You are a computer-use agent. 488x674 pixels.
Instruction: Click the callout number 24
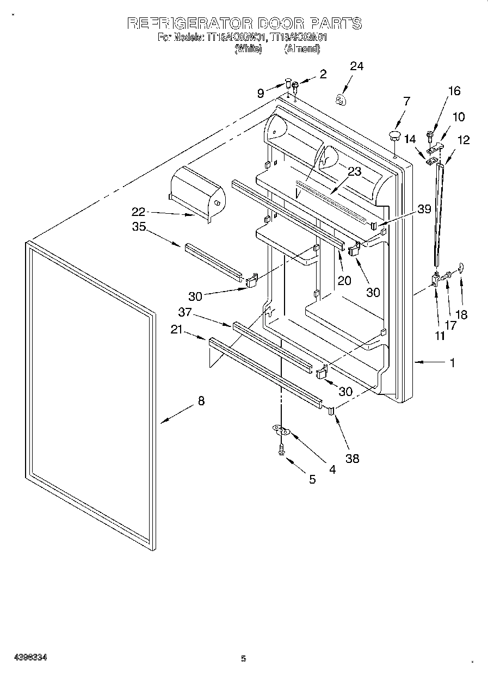coord(356,66)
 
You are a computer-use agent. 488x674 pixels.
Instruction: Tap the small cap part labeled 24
coord(341,100)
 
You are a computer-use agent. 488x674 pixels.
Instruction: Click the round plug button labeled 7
coord(395,134)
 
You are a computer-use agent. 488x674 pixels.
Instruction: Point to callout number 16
coord(454,91)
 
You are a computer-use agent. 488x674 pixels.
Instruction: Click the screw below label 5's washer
coord(281,448)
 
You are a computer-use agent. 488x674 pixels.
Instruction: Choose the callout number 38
coord(353,458)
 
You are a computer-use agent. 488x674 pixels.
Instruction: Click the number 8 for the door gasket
coord(201,401)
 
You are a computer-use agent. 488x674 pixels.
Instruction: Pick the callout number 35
coord(139,227)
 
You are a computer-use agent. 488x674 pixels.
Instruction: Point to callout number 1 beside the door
coord(452,362)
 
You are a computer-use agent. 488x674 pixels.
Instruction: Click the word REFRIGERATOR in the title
coord(189,23)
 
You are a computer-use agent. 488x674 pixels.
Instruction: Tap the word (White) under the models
coord(248,48)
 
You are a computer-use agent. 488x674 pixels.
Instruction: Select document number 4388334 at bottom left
coord(28,658)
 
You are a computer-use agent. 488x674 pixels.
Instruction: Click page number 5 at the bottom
coord(244,659)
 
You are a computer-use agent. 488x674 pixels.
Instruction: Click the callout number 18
coord(461,314)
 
